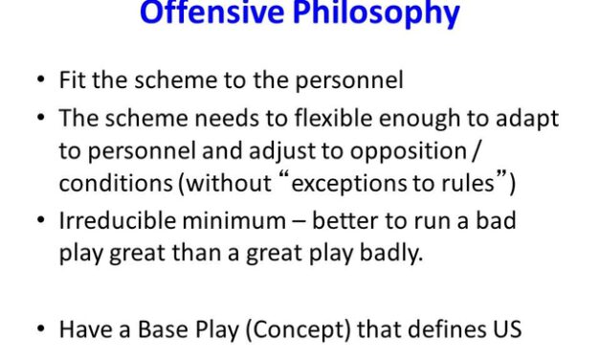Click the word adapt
[527, 118]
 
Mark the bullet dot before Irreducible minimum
[39, 221]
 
